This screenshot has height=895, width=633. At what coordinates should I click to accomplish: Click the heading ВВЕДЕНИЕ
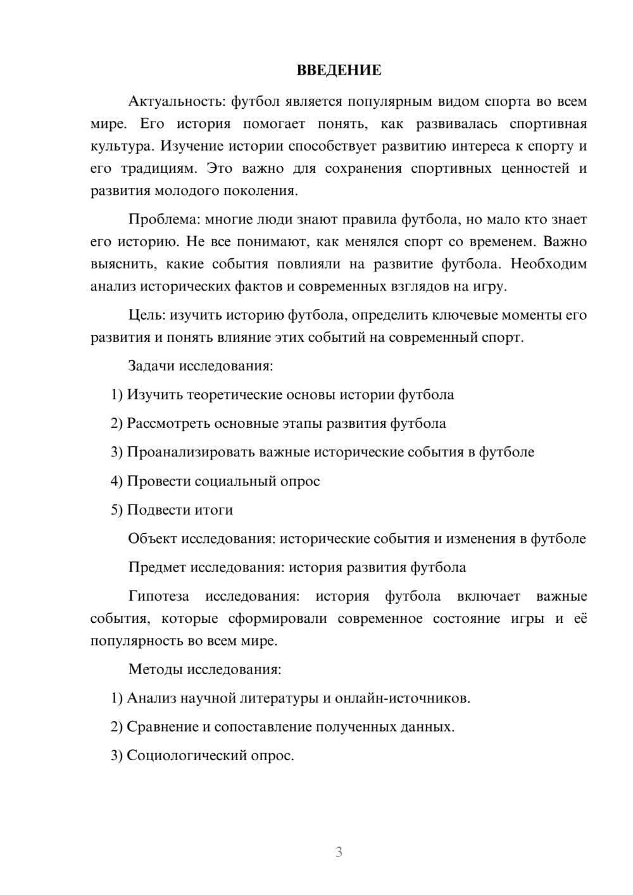339,70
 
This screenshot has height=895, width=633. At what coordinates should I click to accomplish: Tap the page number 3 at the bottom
339,852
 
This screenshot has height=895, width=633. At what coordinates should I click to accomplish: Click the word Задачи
151,366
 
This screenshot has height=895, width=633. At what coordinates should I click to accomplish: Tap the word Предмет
157,567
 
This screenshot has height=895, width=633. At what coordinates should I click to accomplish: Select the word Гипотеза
158,596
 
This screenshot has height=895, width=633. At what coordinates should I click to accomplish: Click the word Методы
153,669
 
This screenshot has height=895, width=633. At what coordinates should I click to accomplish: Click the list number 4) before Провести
116,481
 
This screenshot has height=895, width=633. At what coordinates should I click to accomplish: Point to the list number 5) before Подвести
116,510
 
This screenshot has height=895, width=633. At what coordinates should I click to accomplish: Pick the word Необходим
549,264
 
